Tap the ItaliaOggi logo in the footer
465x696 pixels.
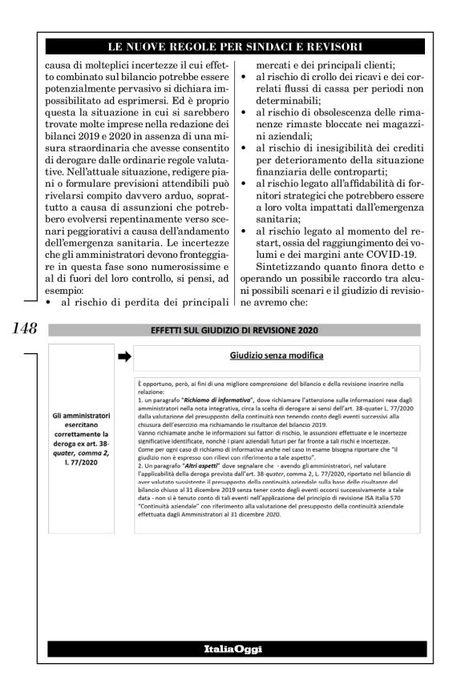(232, 647)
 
